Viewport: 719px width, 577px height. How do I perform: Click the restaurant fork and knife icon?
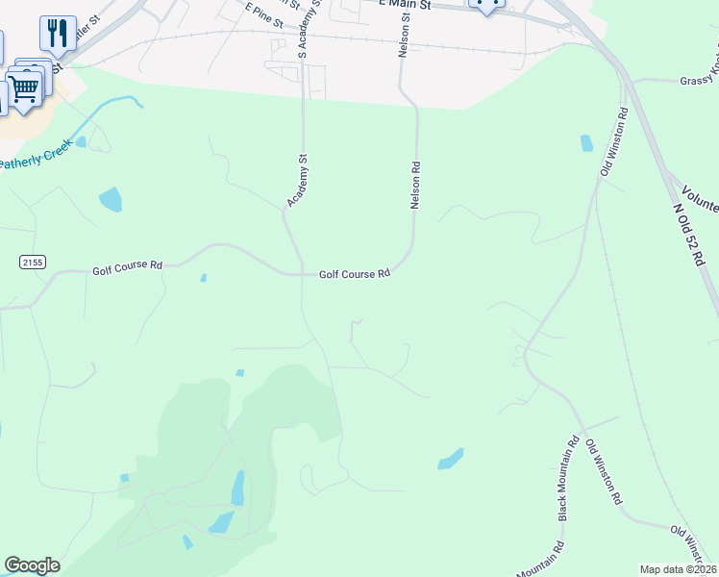coord(58,33)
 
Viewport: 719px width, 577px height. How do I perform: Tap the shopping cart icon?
coord(26,88)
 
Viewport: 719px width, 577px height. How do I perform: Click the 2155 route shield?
coord(32,262)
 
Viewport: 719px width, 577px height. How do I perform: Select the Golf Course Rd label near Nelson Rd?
coord(355,274)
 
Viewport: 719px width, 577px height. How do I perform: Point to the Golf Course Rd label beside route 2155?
coord(127,269)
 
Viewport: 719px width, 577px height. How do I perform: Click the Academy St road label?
coord(297,181)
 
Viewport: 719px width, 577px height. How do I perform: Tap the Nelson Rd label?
coord(416,186)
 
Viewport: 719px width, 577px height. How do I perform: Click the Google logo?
coord(32,565)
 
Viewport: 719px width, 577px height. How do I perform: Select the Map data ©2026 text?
coord(677,569)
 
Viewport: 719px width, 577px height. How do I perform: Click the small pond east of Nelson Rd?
coord(586,144)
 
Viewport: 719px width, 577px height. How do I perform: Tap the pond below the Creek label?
coord(111,199)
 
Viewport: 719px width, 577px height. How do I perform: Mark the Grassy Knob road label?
coord(699,82)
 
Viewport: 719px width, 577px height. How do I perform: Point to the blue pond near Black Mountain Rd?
coord(450,459)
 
